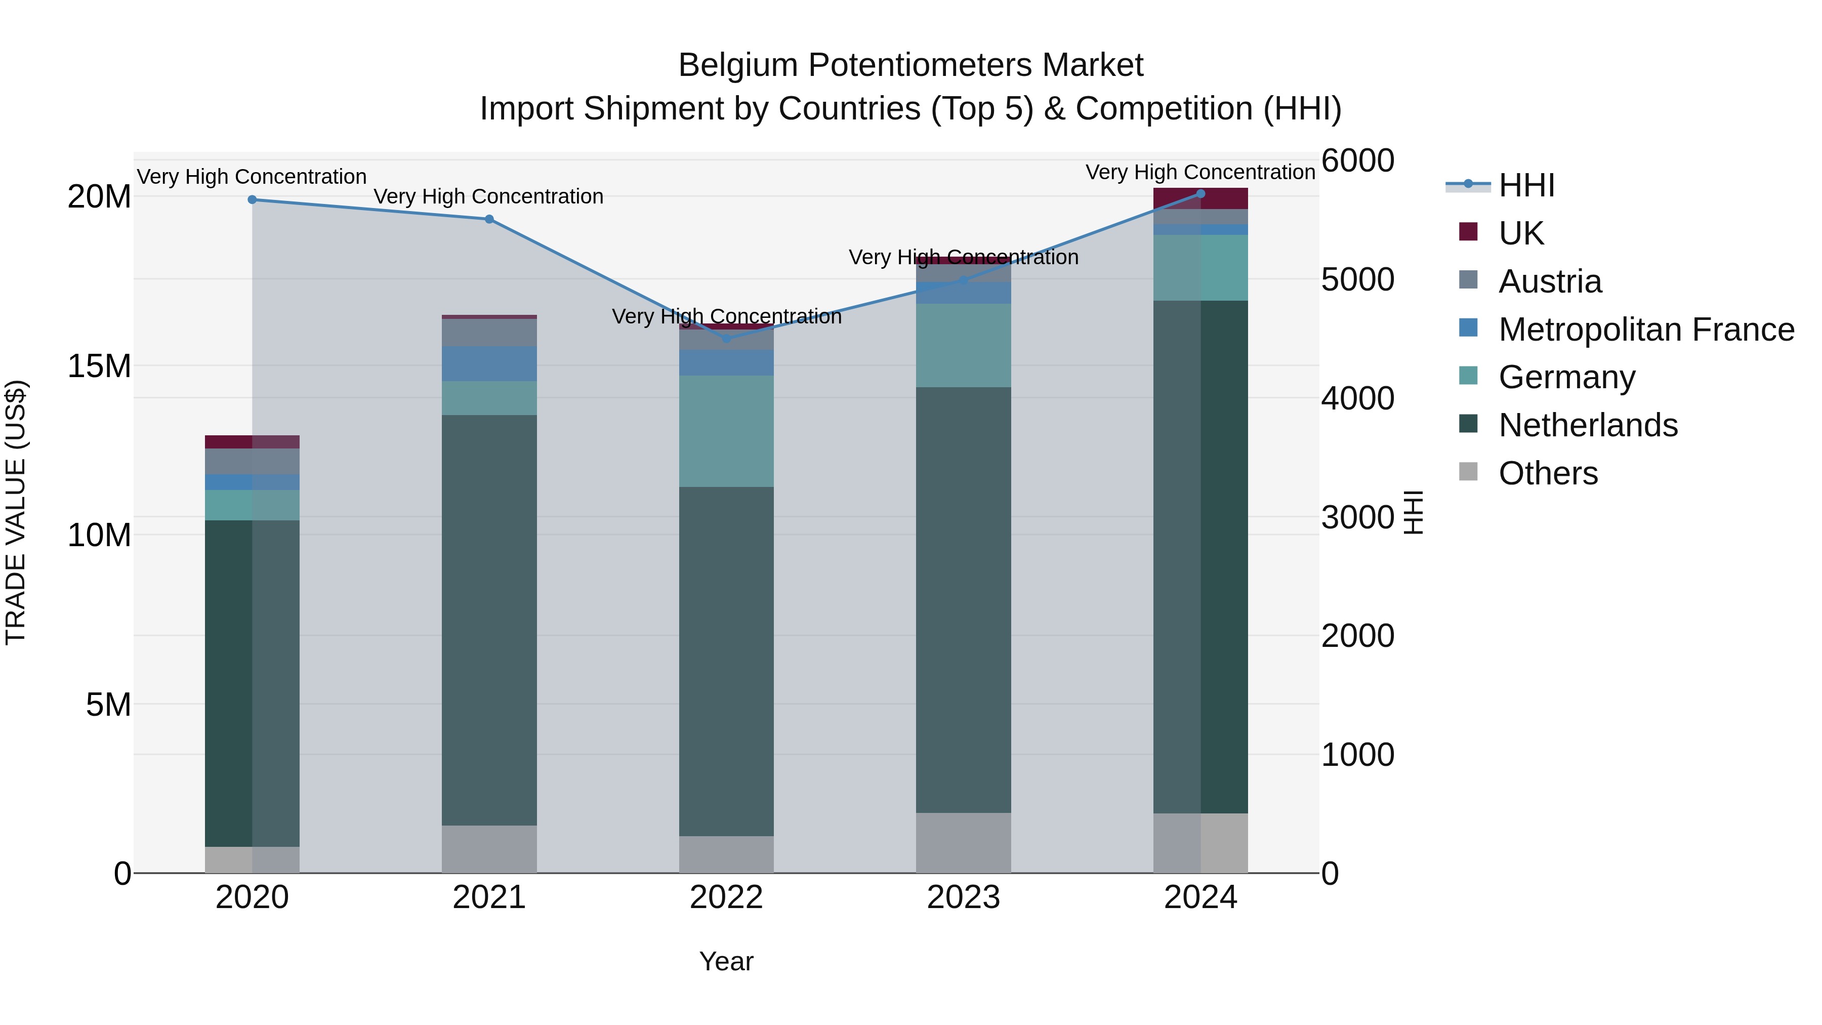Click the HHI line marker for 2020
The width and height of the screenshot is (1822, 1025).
(x=252, y=199)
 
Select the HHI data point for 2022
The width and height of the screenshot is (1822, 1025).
(x=726, y=339)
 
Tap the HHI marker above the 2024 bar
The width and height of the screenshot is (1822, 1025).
(x=1200, y=194)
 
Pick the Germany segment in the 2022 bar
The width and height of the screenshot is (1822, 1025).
(x=726, y=431)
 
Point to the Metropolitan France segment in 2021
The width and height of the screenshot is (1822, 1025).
(x=489, y=363)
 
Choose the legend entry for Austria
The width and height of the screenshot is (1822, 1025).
(x=1550, y=281)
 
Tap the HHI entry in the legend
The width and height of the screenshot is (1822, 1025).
(x=1526, y=185)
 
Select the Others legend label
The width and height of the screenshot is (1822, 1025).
(x=1548, y=473)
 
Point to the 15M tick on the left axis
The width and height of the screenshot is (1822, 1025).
(x=99, y=366)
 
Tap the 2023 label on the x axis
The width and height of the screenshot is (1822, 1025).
(x=963, y=897)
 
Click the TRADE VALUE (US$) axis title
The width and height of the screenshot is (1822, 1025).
(x=16, y=512)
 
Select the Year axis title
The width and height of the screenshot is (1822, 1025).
(x=726, y=961)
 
